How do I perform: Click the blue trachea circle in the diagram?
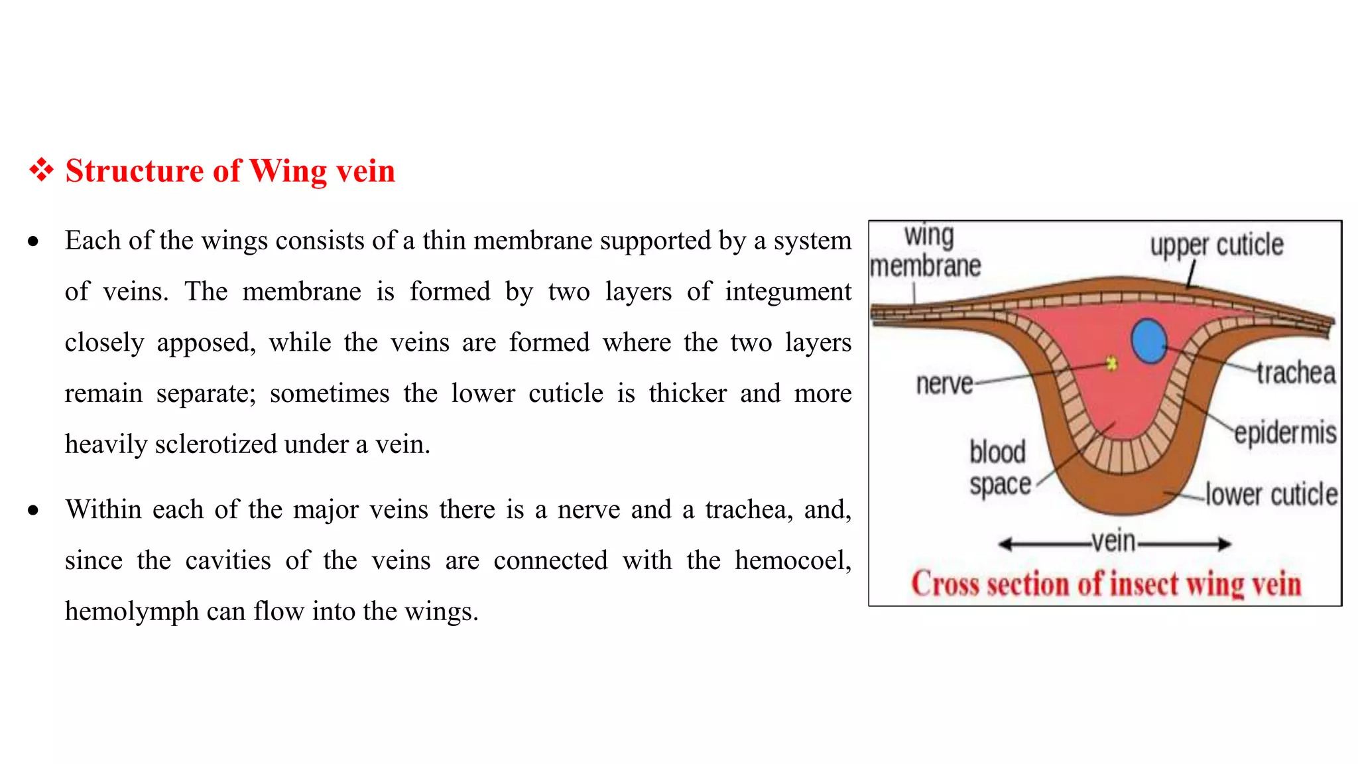point(1148,341)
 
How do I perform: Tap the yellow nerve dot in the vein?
point(1112,363)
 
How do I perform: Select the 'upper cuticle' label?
point(1216,245)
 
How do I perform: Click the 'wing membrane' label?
point(926,251)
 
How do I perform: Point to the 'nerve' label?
point(944,383)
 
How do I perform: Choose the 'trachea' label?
point(1296,373)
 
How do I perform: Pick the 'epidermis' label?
point(1285,432)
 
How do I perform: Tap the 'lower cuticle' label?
point(1271,495)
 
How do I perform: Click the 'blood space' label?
point(999,468)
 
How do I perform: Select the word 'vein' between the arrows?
point(1114,542)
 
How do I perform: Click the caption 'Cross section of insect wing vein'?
point(1106,584)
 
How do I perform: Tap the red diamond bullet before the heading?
point(41,170)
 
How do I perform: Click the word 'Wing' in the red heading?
point(288,171)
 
